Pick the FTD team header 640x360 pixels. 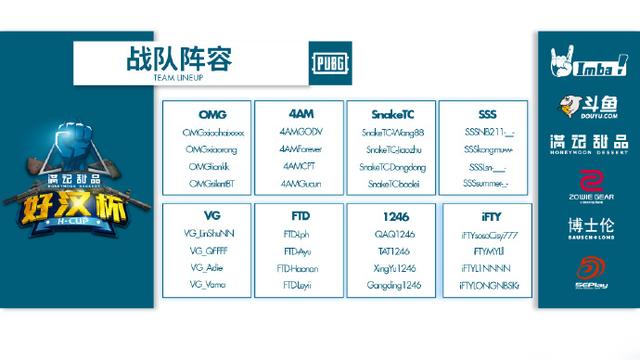[298, 216]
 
